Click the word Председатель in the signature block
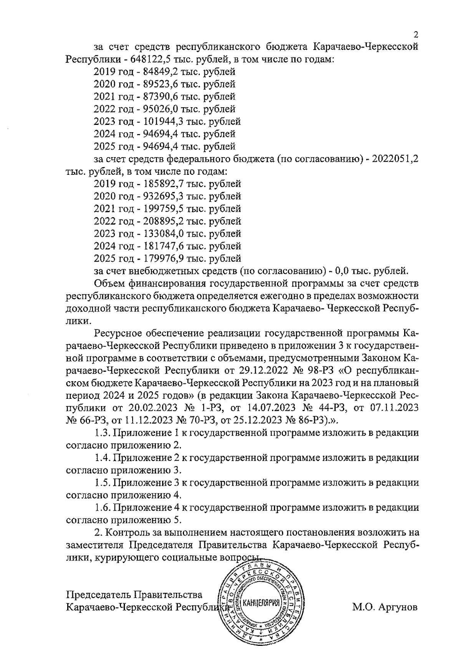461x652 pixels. pyautogui.click(x=99, y=595)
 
